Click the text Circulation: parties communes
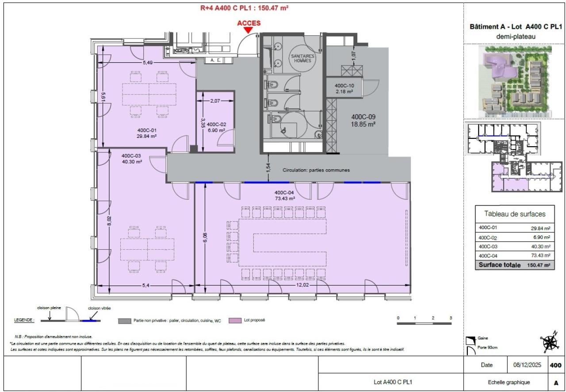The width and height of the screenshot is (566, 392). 316,170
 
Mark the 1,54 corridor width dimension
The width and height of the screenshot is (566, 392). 268,168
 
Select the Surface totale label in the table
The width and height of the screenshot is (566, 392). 501,265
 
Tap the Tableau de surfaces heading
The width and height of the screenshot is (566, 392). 515,214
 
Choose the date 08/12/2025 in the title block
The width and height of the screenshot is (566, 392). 527,365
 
